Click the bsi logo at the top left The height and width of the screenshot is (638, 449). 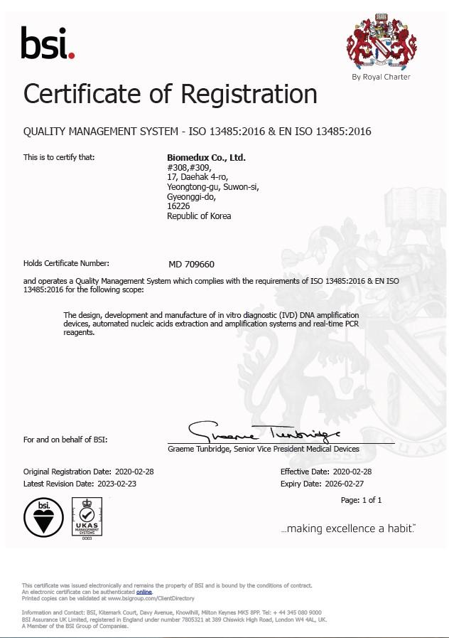click(x=48, y=44)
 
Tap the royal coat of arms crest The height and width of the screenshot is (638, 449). click(x=381, y=42)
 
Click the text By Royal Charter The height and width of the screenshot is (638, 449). click(x=381, y=77)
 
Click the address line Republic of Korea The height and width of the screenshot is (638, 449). click(x=199, y=216)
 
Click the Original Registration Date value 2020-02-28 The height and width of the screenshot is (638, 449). click(x=139, y=472)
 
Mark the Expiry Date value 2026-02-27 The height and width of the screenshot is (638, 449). click(x=357, y=483)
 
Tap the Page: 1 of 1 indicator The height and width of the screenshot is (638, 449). click(x=361, y=500)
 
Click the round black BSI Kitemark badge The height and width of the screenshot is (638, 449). click(x=43, y=517)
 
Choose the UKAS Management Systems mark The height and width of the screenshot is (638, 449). click(x=87, y=519)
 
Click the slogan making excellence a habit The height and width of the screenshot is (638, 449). click(x=348, y=528)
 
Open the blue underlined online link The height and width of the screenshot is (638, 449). click(x=144, y=592)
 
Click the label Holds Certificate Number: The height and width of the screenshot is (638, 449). click(x=66, y=263)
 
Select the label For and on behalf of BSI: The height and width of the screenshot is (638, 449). click(x=65, y=440)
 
